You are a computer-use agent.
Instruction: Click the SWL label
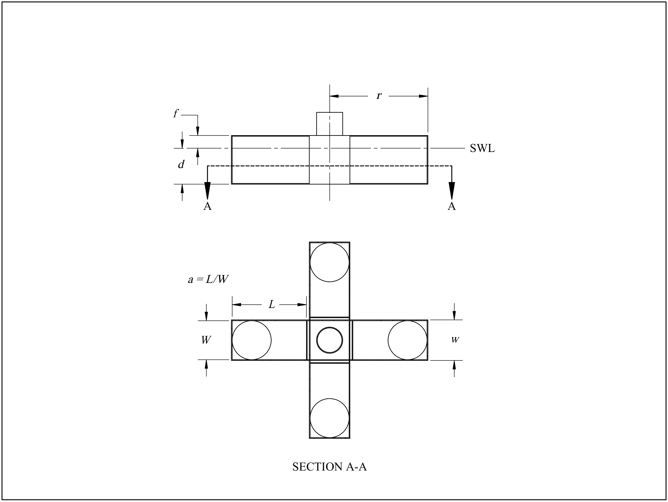click(482, 148)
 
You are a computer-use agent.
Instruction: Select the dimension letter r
click(379, 96)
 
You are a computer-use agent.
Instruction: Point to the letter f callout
click(175, 114)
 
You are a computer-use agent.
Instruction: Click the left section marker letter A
click(207, 206)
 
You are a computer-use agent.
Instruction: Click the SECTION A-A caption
click(330, 467)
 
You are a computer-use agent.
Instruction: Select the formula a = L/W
click(208, 279)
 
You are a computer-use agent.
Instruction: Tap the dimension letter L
click(272, 305)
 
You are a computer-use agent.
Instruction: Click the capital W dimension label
click(206, 340)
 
